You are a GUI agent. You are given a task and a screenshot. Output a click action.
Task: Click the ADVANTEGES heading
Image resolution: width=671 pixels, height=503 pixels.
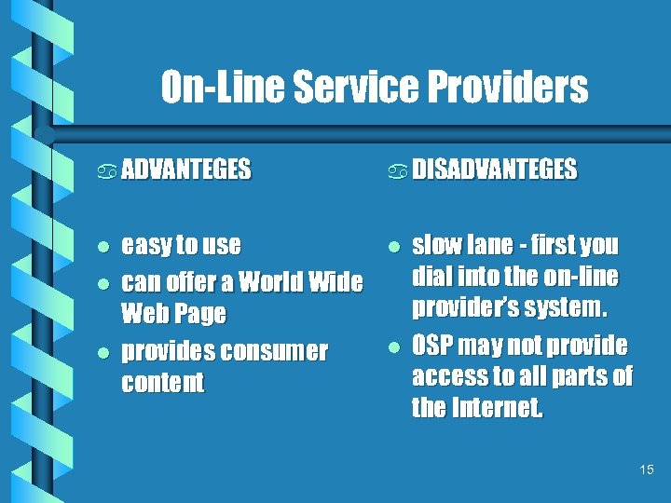coord(186,170)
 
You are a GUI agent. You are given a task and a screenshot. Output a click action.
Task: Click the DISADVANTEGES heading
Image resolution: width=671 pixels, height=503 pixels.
coord(495,170)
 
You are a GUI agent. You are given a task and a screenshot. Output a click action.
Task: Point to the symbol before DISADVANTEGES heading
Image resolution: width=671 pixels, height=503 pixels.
coord(398,170)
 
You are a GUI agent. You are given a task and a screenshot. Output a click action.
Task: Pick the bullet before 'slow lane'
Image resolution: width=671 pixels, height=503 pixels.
coord(394,246)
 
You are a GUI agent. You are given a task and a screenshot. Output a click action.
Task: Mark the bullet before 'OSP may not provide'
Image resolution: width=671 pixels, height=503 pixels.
coord(394,347)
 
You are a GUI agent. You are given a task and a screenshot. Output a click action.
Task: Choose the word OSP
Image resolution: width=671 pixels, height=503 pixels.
coord(435,346)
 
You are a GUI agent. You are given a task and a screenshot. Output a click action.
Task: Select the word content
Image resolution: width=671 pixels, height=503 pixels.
coord(162,383)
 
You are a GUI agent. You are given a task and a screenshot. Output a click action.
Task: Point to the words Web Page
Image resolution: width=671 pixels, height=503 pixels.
coord(173,313)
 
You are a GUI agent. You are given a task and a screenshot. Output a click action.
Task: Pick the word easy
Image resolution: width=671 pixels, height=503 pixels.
coord(146,246)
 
